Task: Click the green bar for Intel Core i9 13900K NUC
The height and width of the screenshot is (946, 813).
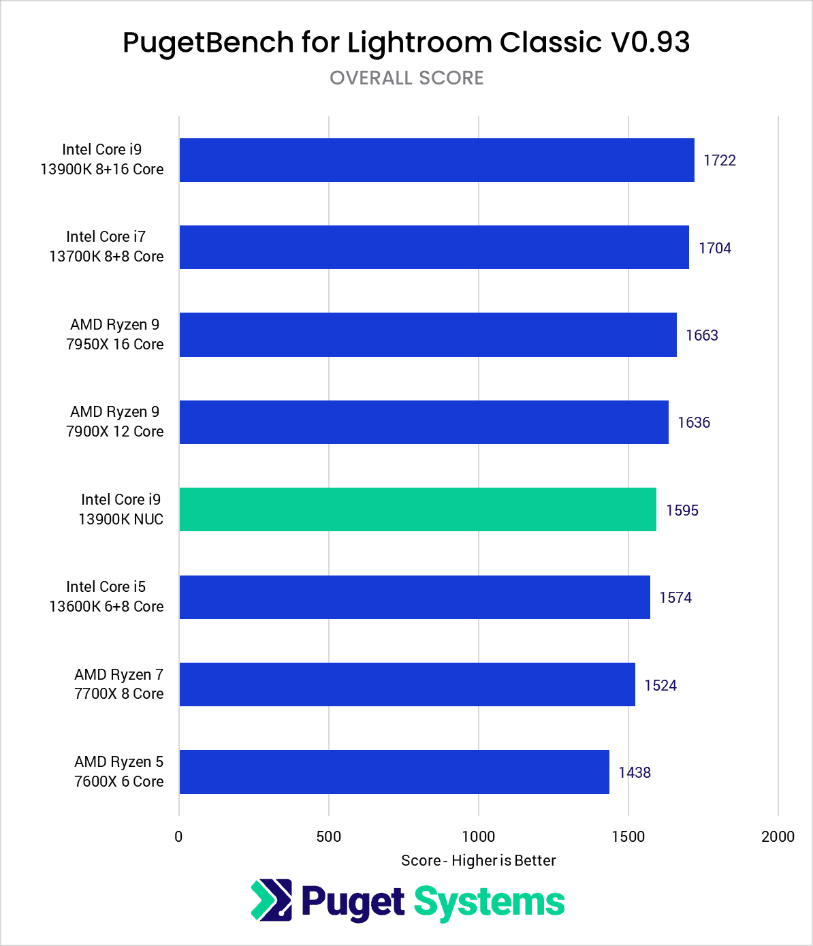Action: [417, 509]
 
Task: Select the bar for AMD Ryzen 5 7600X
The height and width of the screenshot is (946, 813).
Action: [394, 772]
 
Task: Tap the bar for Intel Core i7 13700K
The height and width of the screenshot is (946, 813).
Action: [434, 247]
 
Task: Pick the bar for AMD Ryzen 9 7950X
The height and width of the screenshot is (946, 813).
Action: [428, 334]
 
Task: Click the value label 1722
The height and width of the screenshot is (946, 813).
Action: [720, 160]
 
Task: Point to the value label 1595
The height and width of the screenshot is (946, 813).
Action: [682, 510]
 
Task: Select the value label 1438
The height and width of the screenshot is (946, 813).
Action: [635, 772]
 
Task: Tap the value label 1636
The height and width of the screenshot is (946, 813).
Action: [694, 422]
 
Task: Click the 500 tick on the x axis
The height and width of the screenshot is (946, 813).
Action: [329, 836]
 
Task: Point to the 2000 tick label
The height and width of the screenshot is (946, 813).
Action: [778, 836]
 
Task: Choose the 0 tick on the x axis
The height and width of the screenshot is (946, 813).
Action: [178, 836]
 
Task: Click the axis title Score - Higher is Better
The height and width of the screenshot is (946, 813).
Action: [478, 861]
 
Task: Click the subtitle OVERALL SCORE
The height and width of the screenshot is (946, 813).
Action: [406, 78]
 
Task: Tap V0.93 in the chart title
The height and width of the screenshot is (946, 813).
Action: [650, 42]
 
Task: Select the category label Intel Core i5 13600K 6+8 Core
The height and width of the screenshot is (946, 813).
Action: [106, 597]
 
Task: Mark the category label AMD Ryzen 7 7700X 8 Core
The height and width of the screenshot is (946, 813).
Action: [118, 684]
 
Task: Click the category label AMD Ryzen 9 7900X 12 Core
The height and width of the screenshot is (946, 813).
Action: [114, 422]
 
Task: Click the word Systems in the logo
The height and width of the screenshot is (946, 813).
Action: [489, 902]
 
